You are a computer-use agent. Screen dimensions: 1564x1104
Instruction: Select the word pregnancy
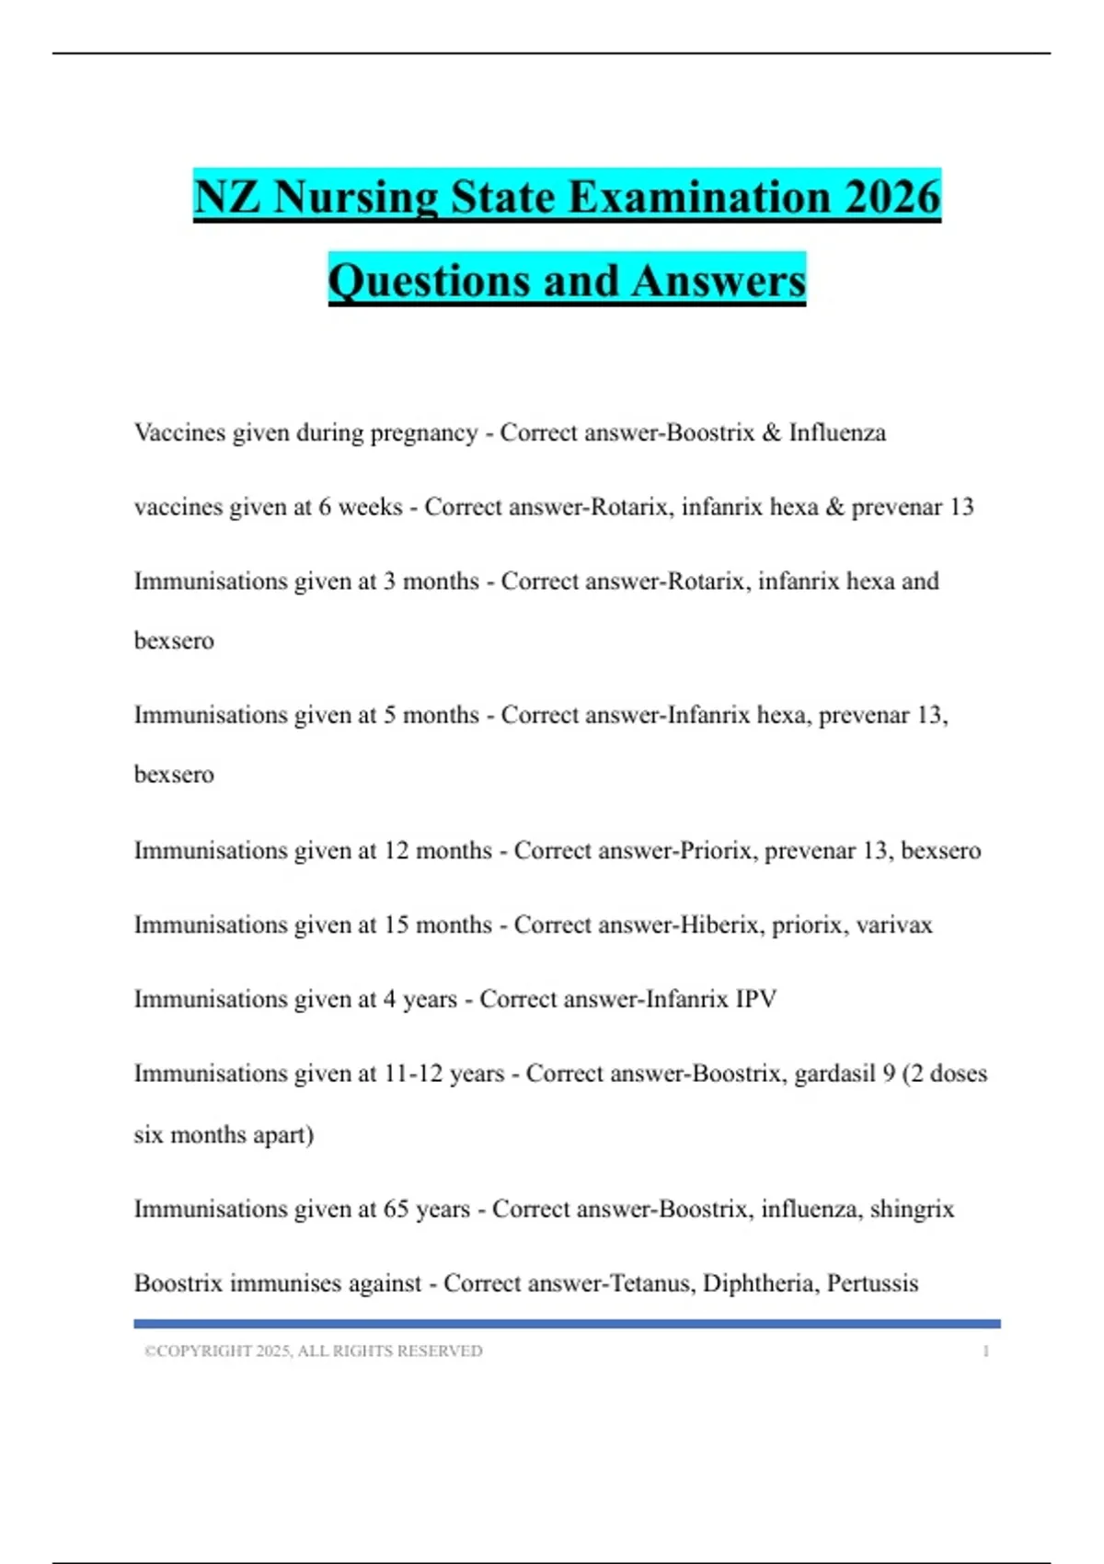pyautogui.click(x=423, y=433)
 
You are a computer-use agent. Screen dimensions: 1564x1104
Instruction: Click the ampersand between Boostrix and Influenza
pyautogui.click(x=771, y=432)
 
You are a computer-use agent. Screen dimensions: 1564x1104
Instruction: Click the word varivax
pyautogui.click(x=893, y=925)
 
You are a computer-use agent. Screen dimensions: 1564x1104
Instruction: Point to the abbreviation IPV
pyautogui.click(x=755, y=999)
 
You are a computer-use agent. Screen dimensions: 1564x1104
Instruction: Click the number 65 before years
pyautogui.click(x=396, y=1209)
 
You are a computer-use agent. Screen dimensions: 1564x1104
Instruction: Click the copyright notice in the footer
pyautogui.click(x=313, y=1351)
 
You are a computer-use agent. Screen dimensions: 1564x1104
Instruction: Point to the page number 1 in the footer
pyautogui.click(x=985, y=1351)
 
